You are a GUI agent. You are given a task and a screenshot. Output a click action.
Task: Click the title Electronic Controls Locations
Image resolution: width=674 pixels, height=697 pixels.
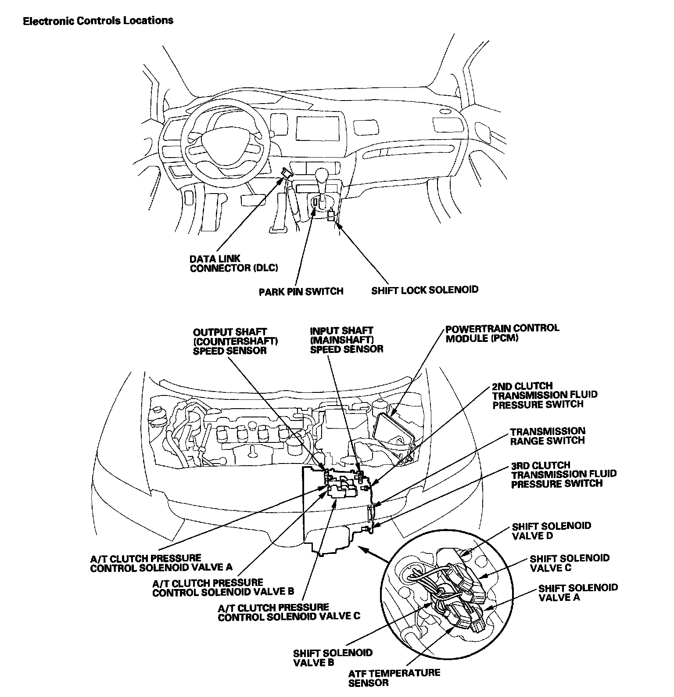98,21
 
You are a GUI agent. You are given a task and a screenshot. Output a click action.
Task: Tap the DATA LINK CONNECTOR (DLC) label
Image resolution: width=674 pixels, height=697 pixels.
233,263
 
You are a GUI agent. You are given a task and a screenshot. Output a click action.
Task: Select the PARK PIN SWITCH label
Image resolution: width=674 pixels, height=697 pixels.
301,291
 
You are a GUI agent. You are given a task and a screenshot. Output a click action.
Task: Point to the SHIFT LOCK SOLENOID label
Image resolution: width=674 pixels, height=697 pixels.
424,290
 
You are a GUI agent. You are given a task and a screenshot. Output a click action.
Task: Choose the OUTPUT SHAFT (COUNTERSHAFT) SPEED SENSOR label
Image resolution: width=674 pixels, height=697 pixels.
230,341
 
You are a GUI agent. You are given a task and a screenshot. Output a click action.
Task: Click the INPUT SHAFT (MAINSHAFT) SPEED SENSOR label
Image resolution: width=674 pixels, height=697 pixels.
346,340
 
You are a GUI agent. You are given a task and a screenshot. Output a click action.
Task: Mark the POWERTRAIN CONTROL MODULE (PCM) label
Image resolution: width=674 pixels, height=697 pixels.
502,333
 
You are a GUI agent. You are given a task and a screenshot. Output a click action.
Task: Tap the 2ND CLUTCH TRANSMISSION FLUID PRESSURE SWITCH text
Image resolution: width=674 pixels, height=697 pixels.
545,395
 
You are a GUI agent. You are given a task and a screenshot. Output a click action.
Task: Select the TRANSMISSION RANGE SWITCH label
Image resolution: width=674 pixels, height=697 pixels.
547,436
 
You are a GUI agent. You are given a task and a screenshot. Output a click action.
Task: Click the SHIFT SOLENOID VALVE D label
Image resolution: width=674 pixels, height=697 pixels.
551,531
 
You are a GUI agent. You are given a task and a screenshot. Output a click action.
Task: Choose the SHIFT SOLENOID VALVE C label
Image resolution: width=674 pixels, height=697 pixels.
569,563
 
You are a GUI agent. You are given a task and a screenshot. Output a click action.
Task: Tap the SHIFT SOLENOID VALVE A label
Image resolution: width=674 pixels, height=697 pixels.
577,593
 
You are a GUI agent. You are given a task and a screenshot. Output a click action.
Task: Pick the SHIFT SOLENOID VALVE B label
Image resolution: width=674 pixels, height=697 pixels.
333,657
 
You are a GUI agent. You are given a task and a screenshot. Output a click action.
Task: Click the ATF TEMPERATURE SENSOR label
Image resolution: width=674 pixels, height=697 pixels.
394,678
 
